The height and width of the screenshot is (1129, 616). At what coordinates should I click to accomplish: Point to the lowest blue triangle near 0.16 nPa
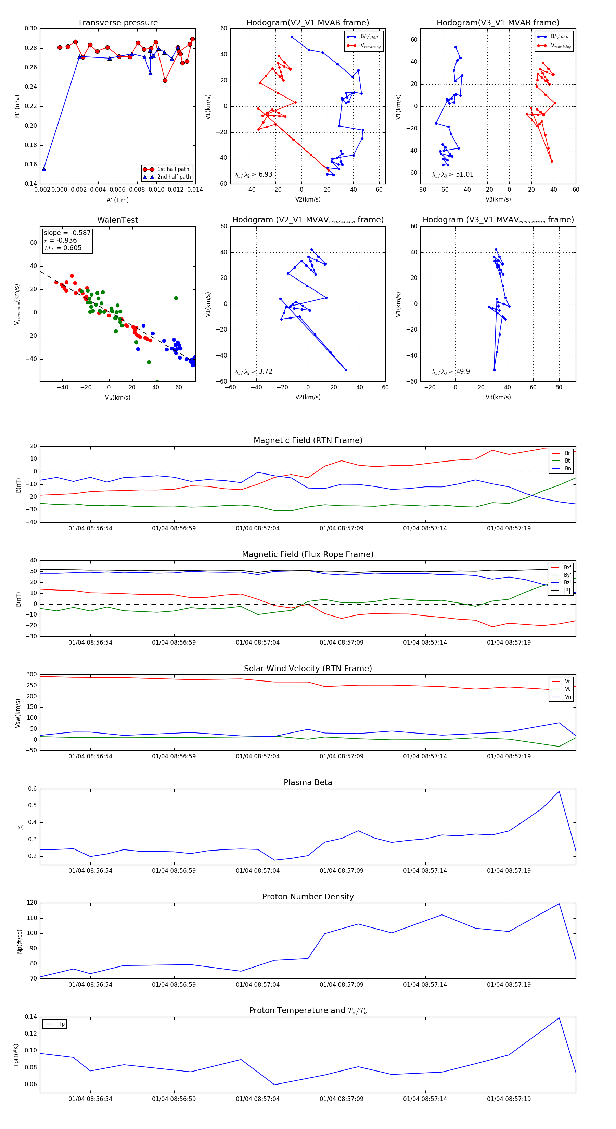click(x=44, y=169)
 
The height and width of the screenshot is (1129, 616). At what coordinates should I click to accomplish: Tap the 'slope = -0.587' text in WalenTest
click(x=67, y=233)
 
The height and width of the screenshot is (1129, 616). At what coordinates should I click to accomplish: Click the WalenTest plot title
click(x=117, y=220)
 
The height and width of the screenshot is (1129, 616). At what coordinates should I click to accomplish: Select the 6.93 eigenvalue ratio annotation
click(x=265, y=174)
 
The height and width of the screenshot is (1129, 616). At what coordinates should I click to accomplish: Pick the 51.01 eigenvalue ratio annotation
click(x=464, y=174)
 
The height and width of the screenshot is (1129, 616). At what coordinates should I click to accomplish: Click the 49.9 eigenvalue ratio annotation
click(x=463, y=372)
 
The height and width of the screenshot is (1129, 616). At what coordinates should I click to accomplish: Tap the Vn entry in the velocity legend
click(x=567, y=697)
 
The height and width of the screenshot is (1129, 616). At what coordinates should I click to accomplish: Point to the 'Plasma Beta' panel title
click(x=308, y=783)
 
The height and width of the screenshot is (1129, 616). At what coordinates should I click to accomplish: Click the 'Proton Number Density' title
click(x=308, y=897)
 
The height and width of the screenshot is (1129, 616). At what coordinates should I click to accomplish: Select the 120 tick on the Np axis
click(x=32, y=903)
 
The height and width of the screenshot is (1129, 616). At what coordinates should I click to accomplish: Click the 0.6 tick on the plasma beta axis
click(x=33, y=789)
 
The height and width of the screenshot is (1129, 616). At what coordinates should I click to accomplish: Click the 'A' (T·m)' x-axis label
click(x=117, y=200)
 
